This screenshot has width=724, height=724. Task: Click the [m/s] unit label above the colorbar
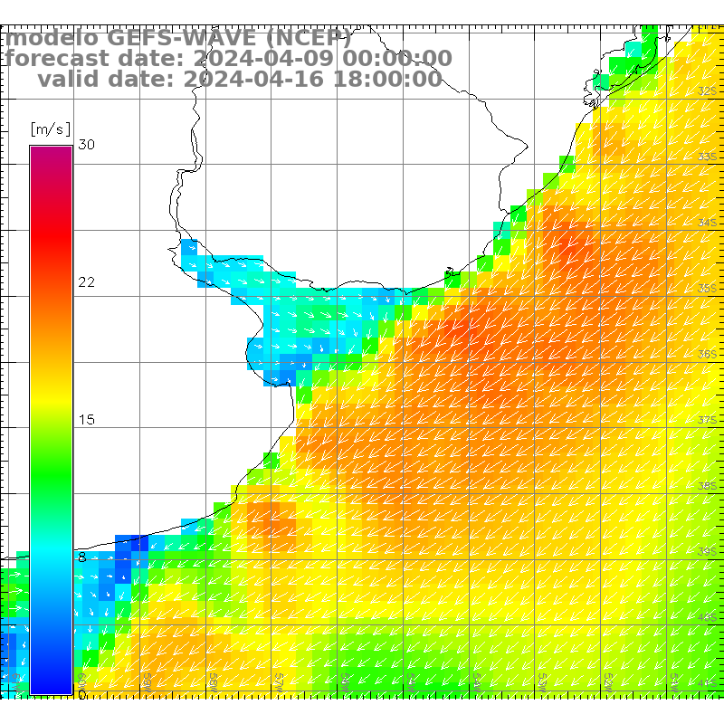point(50,129)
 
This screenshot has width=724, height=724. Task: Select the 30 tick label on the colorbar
point(87,145)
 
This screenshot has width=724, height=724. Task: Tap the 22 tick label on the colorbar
point(87,282)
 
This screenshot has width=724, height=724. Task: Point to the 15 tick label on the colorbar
point(87,420)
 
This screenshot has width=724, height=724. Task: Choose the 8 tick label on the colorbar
point(82,557)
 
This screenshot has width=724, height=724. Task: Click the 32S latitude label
point(708,90)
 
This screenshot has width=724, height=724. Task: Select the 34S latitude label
point(708,222)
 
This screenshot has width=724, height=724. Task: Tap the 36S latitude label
point(708,354)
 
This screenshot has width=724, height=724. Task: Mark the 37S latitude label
point(708,420)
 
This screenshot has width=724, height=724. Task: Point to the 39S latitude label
point(708,551)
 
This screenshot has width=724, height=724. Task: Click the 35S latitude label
point(708,288)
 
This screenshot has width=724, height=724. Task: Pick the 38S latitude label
point(708,485)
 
